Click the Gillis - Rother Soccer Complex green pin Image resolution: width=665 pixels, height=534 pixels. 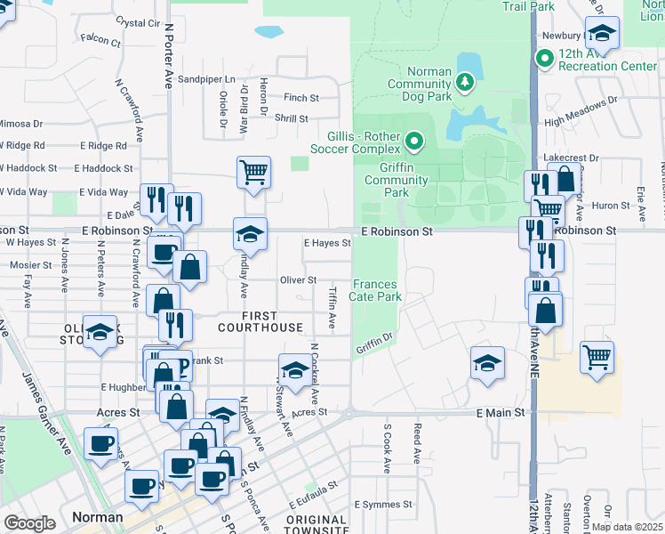pyautogui.click(x=413, y=142)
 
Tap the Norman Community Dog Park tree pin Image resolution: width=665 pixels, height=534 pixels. pyautogui.click(x=464, y=83)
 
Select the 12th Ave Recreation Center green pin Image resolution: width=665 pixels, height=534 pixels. pyautogui.click(x=544, y=60)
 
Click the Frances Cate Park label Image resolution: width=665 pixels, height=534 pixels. pyautogui.click(x=375, y=290)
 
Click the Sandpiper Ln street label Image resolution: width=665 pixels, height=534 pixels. pyautogui.click(x=206, y=79)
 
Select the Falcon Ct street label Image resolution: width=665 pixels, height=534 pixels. pyautogui.click(x=100, y=40)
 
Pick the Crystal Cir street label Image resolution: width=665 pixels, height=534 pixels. pyautogui.click(x=138, y=22)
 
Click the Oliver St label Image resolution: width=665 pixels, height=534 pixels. pyautogui.click(x=299, y=280)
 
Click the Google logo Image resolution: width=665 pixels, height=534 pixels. pyautogui.click(x=29, y=523)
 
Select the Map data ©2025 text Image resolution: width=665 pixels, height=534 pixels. pyautogui.click(x=627, y=527)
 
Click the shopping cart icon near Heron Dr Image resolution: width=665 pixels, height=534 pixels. pyautogui.click(x=253, y=172)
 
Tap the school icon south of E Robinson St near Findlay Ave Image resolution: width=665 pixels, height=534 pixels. pyautogui.click(x=250, y=234)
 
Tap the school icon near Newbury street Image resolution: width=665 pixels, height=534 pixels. pyautogui.click(x=602, y=35)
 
